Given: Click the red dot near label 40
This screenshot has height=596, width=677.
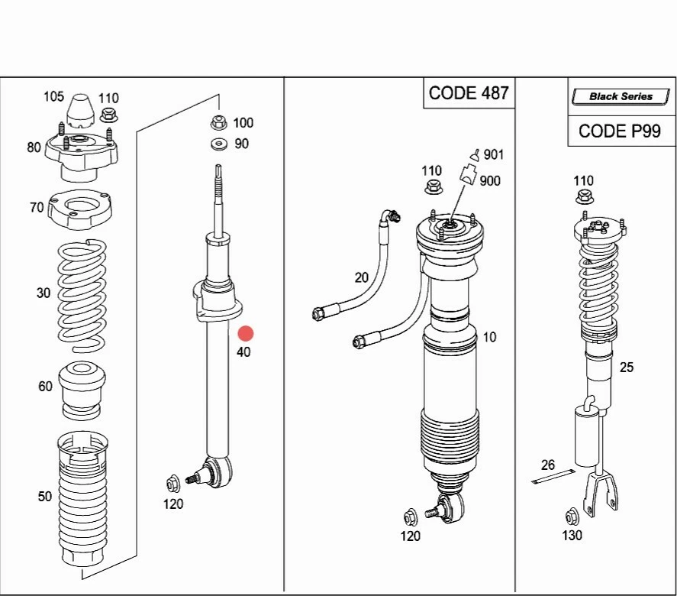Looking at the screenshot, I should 245,333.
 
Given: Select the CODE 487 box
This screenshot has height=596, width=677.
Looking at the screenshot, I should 468,93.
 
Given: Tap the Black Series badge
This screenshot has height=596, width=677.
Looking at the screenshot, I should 621,96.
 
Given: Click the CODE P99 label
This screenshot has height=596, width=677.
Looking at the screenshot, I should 620,131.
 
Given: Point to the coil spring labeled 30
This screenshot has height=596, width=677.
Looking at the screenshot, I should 82,290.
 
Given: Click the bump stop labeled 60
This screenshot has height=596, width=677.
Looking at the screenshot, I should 82,389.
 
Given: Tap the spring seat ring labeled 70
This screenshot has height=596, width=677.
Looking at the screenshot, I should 80,208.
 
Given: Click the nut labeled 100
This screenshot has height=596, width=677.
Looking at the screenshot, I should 218,122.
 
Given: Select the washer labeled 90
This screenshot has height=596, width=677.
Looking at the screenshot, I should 218,144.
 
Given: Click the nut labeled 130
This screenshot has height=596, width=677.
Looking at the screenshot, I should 571,515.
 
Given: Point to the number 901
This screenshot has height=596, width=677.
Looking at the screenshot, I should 494,155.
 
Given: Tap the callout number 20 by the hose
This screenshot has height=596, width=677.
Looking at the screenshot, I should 361,277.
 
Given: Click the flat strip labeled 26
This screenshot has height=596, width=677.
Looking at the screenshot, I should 553,478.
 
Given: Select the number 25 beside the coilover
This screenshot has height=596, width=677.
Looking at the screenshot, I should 626,368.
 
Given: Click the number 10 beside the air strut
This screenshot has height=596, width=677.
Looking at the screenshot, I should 489,337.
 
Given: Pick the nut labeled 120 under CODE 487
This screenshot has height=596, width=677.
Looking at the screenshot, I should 409,515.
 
